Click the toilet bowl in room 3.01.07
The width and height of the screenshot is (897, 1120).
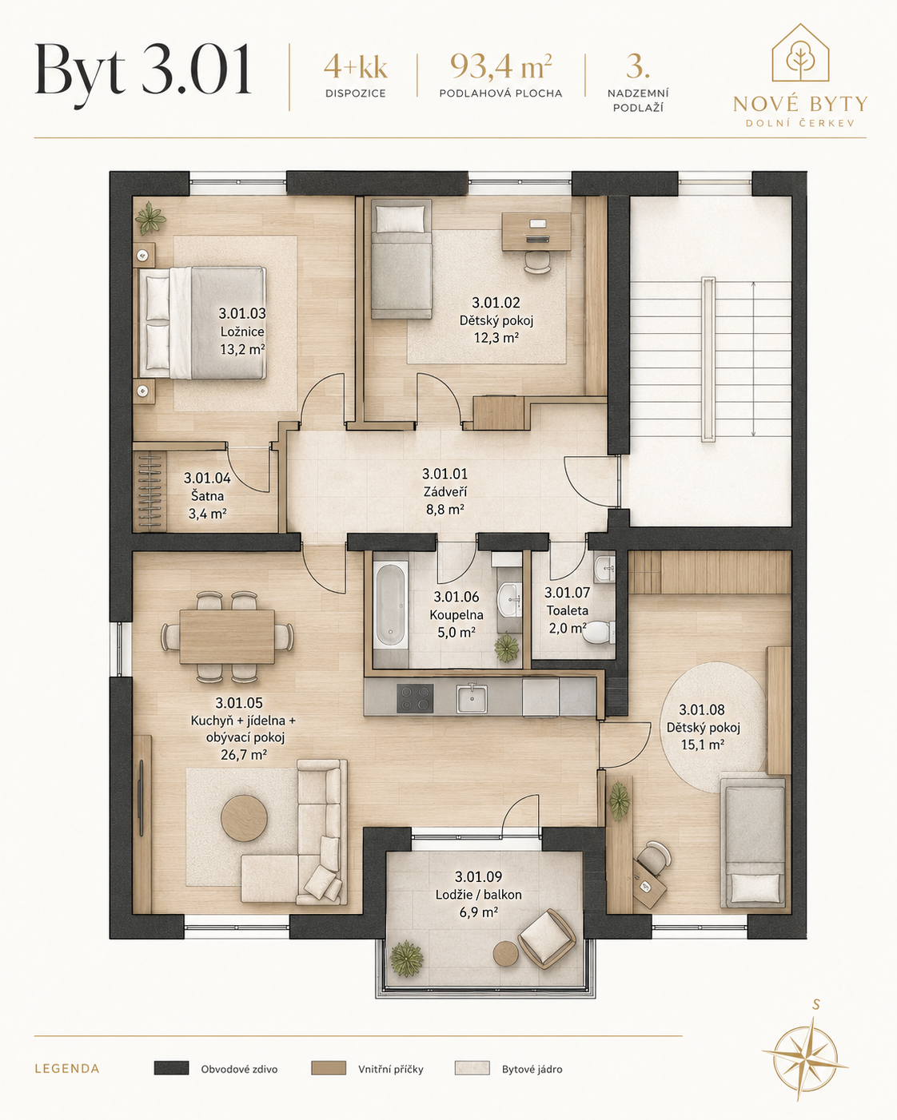(597, 632)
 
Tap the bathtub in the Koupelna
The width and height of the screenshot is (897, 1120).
(391, 605)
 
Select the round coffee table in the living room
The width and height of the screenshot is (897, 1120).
(245, 817)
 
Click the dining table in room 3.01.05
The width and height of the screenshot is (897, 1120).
(227, 637)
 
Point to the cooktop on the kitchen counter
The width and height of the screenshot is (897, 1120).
(415, 698)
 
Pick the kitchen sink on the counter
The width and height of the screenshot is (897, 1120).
(472, 698)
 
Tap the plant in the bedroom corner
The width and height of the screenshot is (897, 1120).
(150, 218)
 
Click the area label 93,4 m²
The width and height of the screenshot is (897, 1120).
(501, 66)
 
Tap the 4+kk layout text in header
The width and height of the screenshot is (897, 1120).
(356, 68)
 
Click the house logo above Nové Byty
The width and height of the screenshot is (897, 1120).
(800, 53)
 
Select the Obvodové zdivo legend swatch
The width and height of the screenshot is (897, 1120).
(171, 1068)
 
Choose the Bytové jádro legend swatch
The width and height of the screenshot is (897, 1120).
(472, 1068)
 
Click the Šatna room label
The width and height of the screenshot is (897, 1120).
(207, 495)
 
